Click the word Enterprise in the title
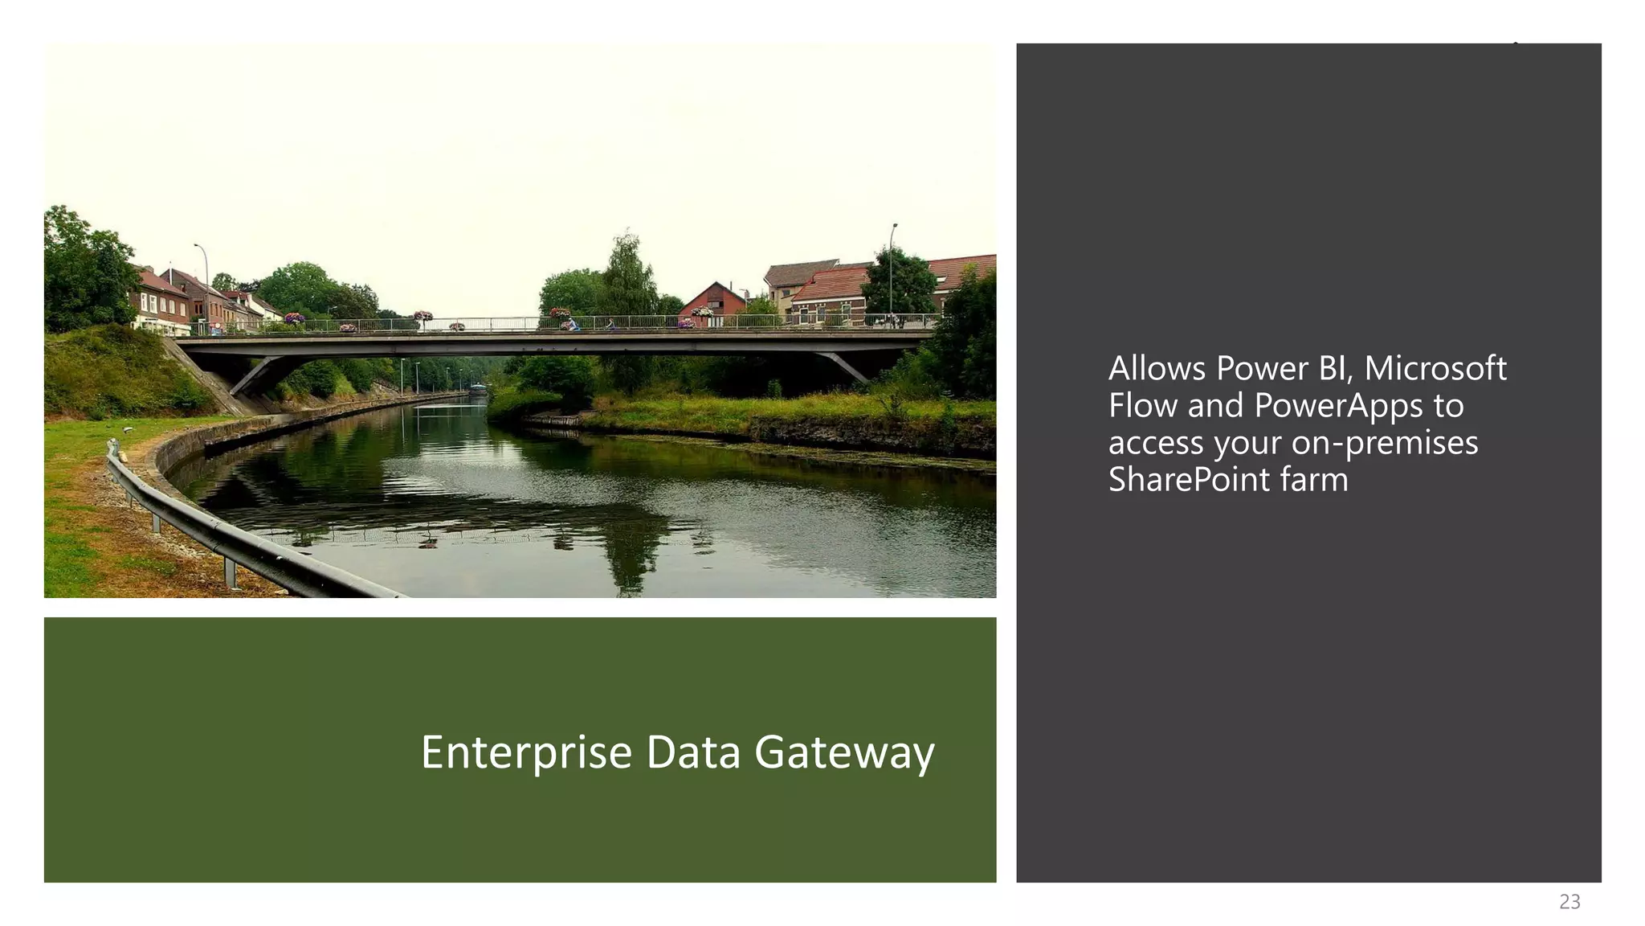point(526,753)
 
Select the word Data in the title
point(692,753)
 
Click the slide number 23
point(1569,902)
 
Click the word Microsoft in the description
point(1435,369)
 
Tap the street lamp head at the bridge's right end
point(895,226)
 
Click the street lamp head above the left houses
point(196,245)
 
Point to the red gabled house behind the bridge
point(714,301)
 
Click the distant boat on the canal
point(479,389)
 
